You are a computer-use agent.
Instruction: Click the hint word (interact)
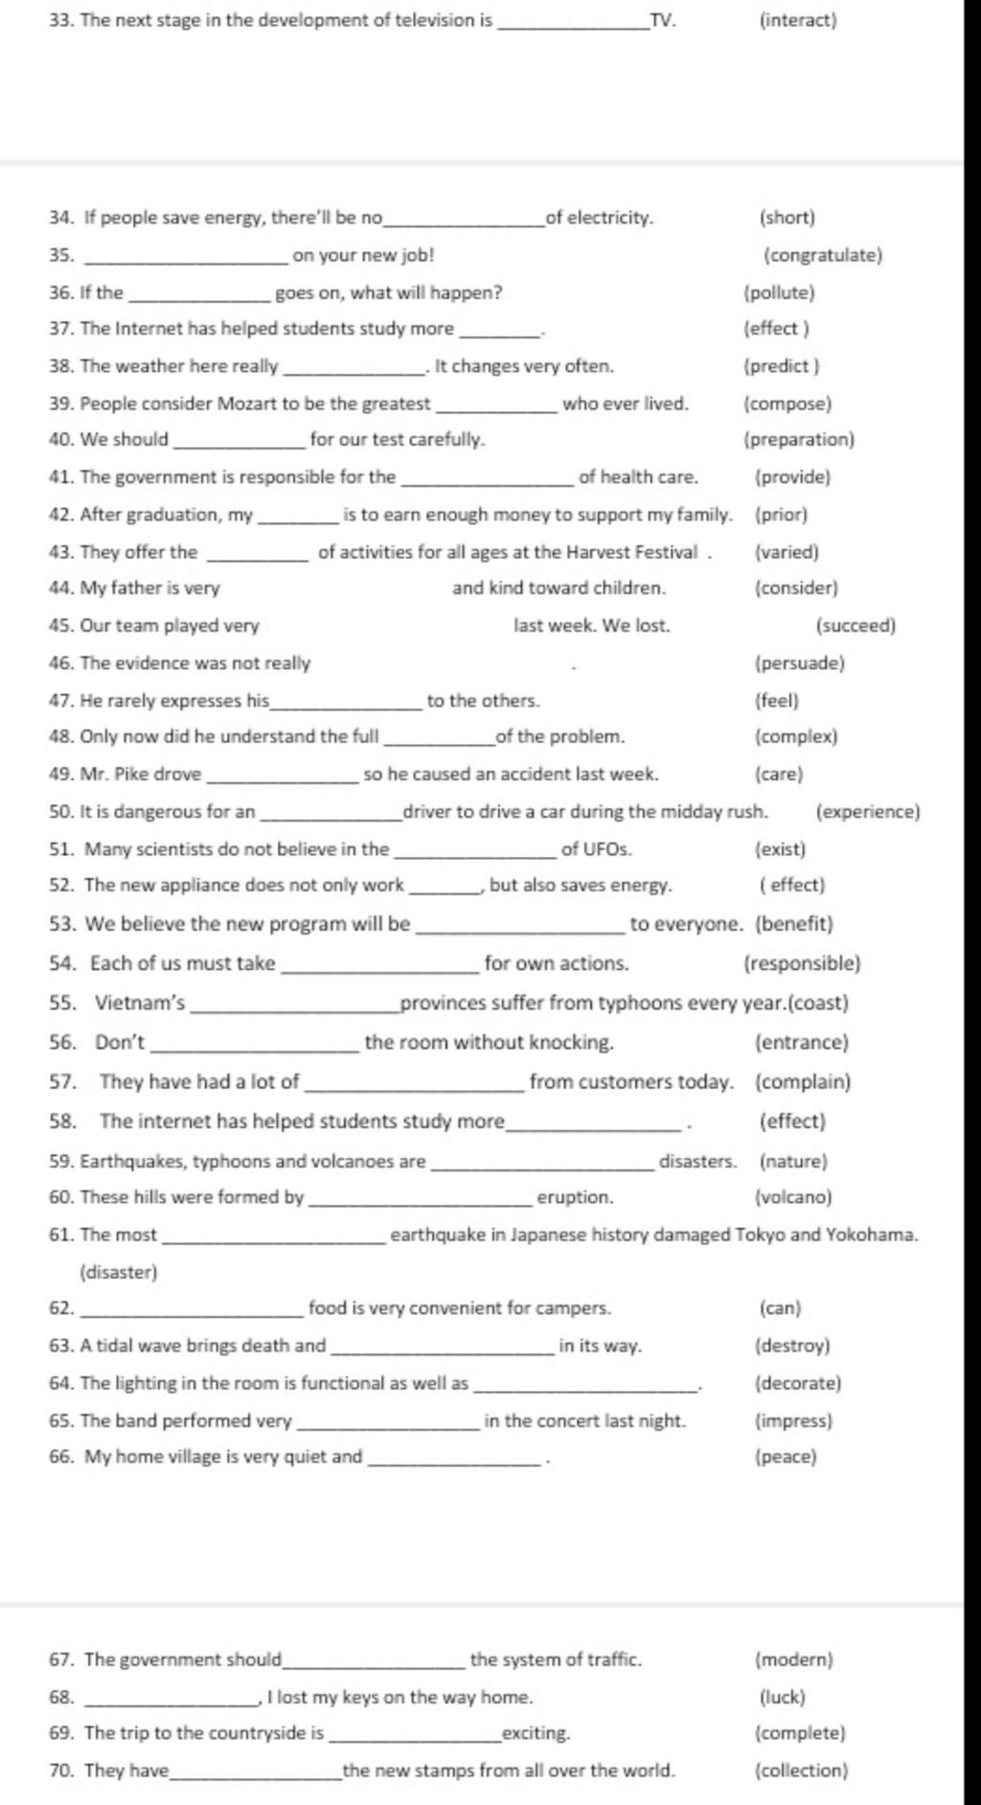click(797, 20)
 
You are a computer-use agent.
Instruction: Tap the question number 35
click(61, 255)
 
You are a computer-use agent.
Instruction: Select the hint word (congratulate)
click(822, 255)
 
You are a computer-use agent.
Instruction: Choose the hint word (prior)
click(781, 515)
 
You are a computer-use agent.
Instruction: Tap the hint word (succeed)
click(856, 626)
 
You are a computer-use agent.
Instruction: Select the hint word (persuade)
click(800, 663)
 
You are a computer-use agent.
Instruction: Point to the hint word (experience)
click(867, 812)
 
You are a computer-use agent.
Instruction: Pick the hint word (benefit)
click(794, 924)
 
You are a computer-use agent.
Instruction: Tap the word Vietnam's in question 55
click(140, 1004)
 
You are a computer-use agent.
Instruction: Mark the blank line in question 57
click(414, 1090)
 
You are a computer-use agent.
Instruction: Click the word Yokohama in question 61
click(872, 1235)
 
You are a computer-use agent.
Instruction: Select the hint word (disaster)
click(118, 1273)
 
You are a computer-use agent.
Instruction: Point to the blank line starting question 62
click(194, 1315)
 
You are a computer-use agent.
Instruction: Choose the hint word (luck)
click(782, 1697)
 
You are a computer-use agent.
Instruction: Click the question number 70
click(61, 1770)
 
